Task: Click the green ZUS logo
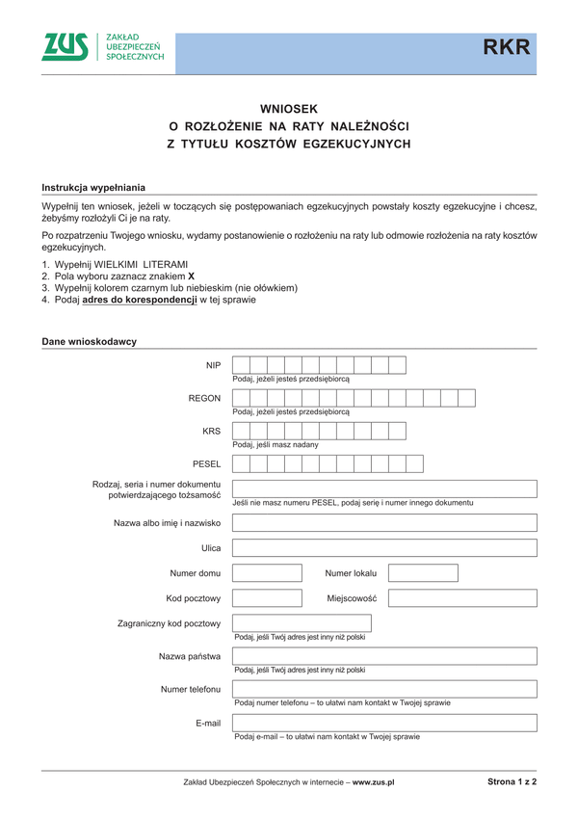point(66,47)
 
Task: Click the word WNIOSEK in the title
point(289,109)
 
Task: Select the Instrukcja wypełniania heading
point(94,187)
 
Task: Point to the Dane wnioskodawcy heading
point(90,341)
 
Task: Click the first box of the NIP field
point(242,365)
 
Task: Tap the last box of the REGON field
point(467,398)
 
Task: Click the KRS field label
point(212,431)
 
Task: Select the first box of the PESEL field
point(242,463)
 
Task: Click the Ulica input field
point(384,548)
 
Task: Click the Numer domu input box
point(267,573)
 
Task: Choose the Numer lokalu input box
point(423,573)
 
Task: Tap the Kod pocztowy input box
point(267,598)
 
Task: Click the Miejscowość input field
point(462,598)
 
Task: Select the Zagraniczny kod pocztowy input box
point(275,623)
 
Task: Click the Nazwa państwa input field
point(384,656)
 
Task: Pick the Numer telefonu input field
point(384,689)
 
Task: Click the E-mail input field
point(384,723)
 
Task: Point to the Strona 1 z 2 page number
point(512,782)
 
